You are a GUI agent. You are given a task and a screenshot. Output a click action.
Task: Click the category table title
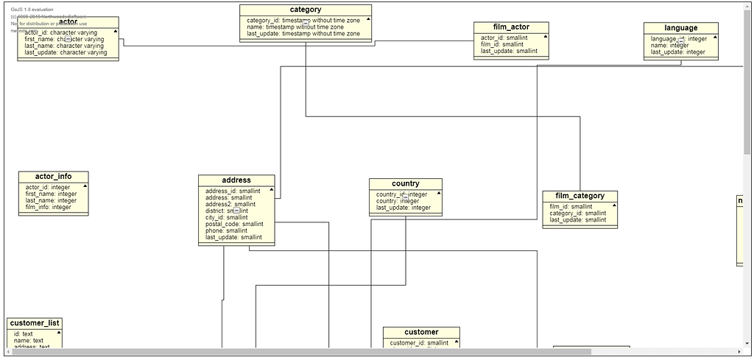coord(305,10)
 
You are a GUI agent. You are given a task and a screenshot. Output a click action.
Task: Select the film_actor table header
coord(511,27)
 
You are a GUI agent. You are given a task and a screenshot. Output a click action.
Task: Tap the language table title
coord(680,28)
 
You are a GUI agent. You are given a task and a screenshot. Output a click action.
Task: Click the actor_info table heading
coord(53,177)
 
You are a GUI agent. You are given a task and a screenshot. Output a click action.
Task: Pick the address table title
coord(236,180)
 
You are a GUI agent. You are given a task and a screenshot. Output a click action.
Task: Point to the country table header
coord(406,184)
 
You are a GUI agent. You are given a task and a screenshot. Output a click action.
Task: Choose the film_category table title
coord(580,196)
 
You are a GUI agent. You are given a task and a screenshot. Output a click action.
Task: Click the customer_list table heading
coord(35,323)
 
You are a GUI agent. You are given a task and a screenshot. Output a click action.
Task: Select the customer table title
coord(421,332)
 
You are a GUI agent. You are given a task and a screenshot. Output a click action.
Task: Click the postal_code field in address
coord(233,224)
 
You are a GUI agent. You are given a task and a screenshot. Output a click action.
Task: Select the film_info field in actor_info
coord(49,207)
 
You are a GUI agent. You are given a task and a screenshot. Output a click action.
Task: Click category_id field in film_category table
coord(578,213)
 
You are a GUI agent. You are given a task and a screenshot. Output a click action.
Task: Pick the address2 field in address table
coord(230,204)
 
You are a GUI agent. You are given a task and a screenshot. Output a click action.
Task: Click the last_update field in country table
coord(404,208)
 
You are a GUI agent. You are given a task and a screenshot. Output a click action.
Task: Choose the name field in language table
coord(669,45)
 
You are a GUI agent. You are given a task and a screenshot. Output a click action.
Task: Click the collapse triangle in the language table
coord(714,37)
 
